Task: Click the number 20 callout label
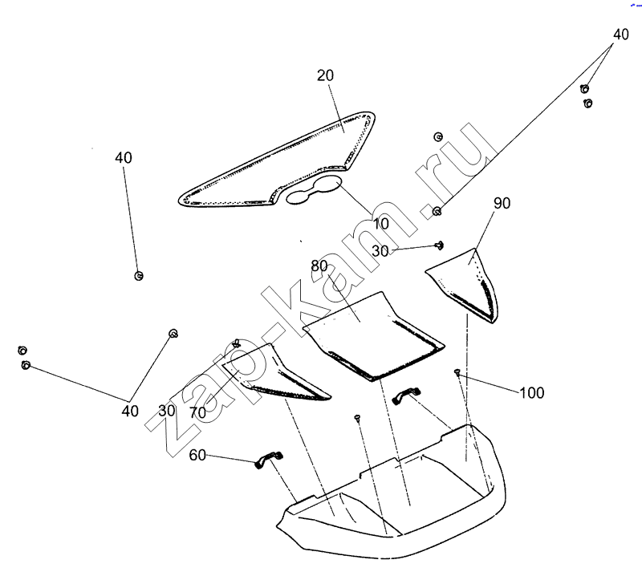pos(325,75)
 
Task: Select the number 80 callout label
pos(319,266)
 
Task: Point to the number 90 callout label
pos(502,204)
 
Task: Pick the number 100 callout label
pos(531,393)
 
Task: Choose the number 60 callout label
pos(198,456)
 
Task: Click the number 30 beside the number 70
pos(167,411)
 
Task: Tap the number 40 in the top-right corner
pos(621,34)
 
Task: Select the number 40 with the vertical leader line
pos(123,158)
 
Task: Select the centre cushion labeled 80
pos(373,333)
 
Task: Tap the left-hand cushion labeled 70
pos(277,373)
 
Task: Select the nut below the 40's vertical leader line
pos(139,276)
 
